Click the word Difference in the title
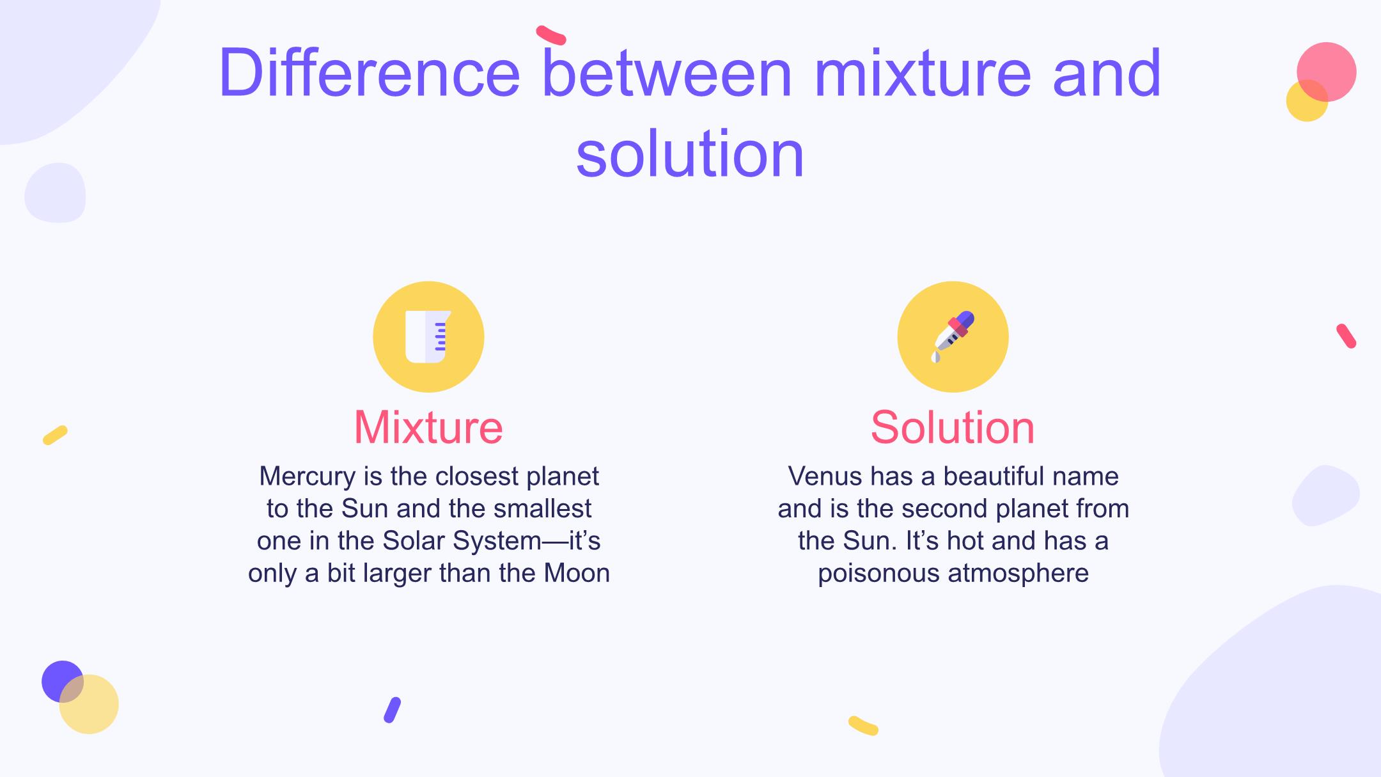coord(369,72)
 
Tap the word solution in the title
coord(690,154)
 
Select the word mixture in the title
coord(923,72)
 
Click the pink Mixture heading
coord(428,427)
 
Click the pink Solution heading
coord(953,427)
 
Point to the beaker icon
coord(428,336)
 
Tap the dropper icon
coord(953,336)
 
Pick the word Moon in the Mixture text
coord(577,573)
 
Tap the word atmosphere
coord(1018,574)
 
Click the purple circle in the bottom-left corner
coord(63,681)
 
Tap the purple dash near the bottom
coord(392,710)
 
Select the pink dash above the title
coord(551,35)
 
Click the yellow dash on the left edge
coord(55,435)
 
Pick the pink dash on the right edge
coord(1346,336)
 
